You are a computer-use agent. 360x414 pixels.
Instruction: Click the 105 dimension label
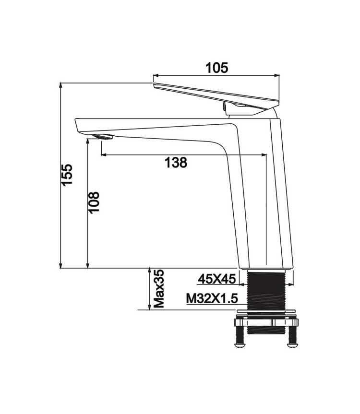pyautogui.click(x=216, y=68)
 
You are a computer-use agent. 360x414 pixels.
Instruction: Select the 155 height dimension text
pyautogui.click(x=67, y=175)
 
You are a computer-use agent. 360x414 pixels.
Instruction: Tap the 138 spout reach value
pyautogui.click(x=176, y=162)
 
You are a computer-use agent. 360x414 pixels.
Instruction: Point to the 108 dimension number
pyautogui.click(x=94, y=202)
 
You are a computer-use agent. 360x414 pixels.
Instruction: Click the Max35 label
pyautogui.click(x=159, y=289)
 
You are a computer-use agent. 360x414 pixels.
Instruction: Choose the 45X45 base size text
pyautogui.click(x=217, y=279)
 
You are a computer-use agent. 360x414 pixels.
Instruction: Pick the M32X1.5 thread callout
pyautogui.click(x=212, y=299)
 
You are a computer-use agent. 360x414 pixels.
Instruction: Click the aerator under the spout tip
pyautogui.click(x=103, y=137)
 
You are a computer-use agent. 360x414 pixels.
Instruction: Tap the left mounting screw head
pyautogui.click(x=240, y=344)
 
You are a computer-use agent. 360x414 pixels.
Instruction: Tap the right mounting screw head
pyautogui.click(x=292, y=344)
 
